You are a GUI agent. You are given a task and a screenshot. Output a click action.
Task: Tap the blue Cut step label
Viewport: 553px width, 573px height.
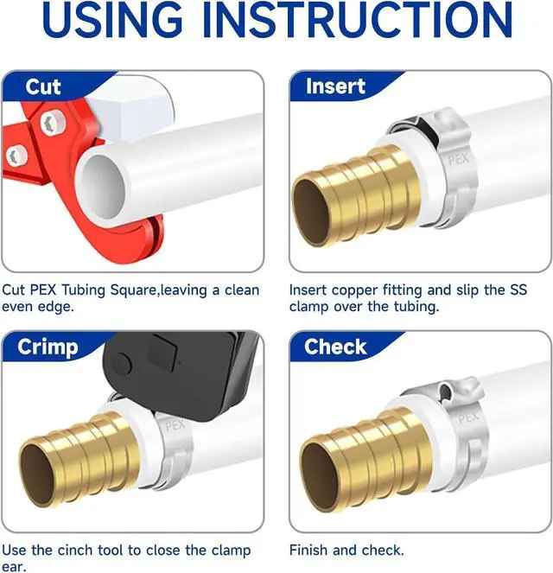43,87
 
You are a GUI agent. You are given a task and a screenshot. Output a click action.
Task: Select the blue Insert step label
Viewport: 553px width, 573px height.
335,87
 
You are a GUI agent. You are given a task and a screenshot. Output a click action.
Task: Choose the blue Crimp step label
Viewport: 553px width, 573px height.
49,347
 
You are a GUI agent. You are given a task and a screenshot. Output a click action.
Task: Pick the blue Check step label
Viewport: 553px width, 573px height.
336,347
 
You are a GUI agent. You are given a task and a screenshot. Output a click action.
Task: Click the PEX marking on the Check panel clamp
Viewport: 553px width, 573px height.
467,417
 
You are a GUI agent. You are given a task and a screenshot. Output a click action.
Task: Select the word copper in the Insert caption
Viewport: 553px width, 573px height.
351,290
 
